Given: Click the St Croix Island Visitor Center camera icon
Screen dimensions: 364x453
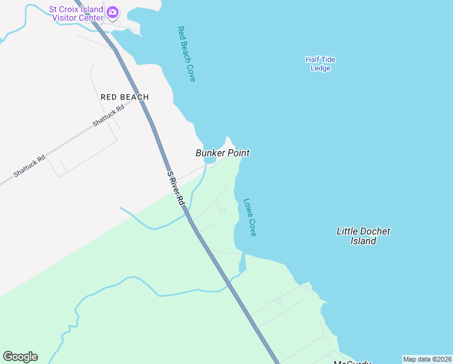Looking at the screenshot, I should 112,12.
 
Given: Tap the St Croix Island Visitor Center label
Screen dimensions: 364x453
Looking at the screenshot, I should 76,13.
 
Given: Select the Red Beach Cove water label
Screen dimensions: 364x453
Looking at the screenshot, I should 187,54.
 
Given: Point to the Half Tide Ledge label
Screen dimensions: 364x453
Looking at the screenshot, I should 320,64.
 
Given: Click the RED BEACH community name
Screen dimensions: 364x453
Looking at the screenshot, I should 125,97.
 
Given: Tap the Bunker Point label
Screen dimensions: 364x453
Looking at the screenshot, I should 222,153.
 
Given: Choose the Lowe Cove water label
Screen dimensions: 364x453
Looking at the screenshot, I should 250,217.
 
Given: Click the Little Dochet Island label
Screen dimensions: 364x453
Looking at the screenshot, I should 363,236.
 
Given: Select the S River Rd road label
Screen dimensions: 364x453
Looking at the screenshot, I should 176,190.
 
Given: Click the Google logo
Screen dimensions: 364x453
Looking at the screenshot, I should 20,357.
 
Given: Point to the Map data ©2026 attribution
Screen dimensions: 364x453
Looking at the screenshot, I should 427,359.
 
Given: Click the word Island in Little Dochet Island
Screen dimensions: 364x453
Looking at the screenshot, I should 363,241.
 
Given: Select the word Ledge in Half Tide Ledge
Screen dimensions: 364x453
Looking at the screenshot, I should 320,69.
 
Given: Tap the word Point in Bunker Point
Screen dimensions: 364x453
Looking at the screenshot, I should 237,153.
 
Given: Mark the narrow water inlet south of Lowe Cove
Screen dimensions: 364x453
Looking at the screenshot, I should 243,263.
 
